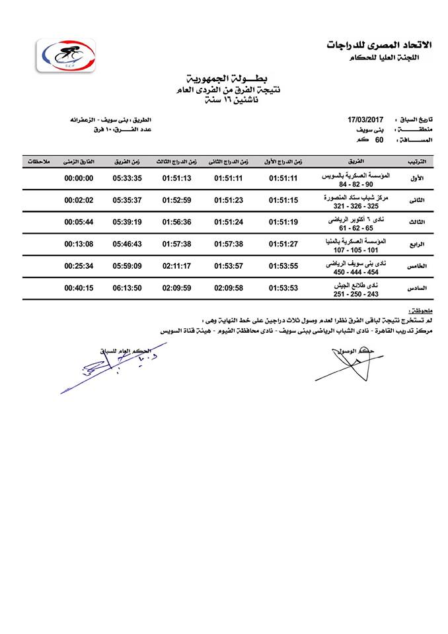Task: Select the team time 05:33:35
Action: (127, 178)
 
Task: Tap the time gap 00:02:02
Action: (79, 200)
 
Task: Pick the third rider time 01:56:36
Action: (176, 222)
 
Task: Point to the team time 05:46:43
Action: (127, 244)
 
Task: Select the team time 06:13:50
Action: (127, 288)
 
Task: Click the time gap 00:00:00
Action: (79, 178)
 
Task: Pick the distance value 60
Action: (379, 139)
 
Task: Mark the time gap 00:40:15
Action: (79, 288)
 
